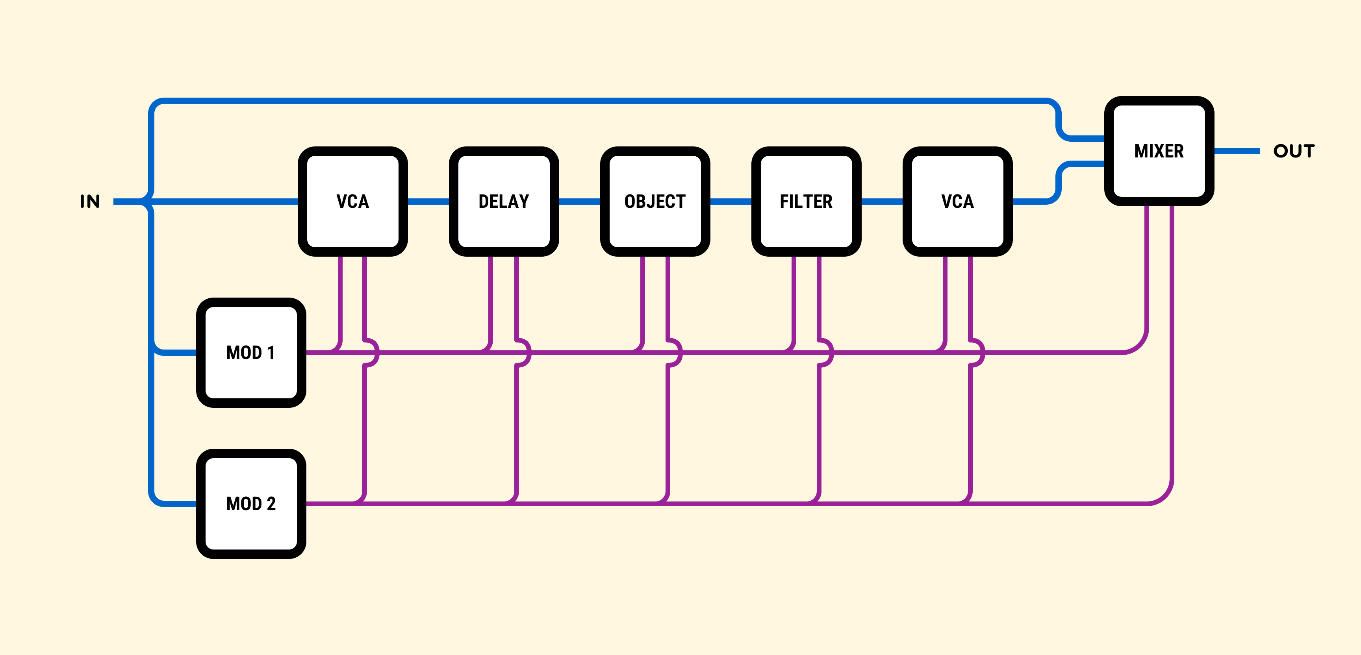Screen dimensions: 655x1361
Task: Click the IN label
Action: point(90,201)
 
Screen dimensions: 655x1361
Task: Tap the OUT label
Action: point(1293,151)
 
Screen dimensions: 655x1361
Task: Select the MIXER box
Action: point(1159,151)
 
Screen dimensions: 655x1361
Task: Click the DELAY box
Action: point(504,201)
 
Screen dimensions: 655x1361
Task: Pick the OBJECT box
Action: point(655,201)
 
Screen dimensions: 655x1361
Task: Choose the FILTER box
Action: point(806,201)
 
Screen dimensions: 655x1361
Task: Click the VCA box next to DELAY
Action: point(352,201)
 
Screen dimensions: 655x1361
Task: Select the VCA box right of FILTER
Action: point(957,201)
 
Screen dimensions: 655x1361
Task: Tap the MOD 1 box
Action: point(251,352)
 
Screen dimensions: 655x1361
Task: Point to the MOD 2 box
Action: point(251,503)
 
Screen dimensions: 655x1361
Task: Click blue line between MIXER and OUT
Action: point(1236,151)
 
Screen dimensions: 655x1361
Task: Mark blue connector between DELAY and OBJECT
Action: point(579,201)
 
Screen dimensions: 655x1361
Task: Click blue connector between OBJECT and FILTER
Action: point(730,201)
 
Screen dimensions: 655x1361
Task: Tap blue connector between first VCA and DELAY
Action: point(428,201)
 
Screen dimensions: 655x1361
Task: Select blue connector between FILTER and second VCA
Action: point(881,201)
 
